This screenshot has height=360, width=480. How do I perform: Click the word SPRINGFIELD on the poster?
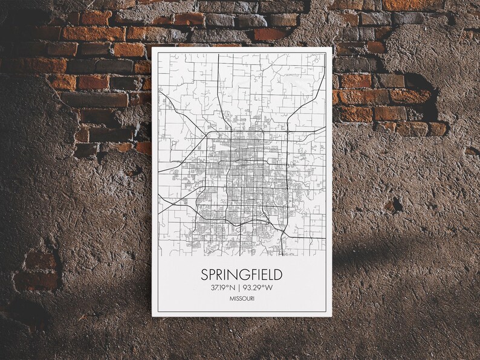coord(241,275)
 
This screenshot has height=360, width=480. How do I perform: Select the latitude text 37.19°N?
coord(221,288)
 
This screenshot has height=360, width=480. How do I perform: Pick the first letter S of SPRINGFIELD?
coord(205,275)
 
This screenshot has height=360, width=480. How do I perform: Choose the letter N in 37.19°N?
coord(231,288)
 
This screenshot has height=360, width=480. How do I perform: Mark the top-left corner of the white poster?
coord(152,47)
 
